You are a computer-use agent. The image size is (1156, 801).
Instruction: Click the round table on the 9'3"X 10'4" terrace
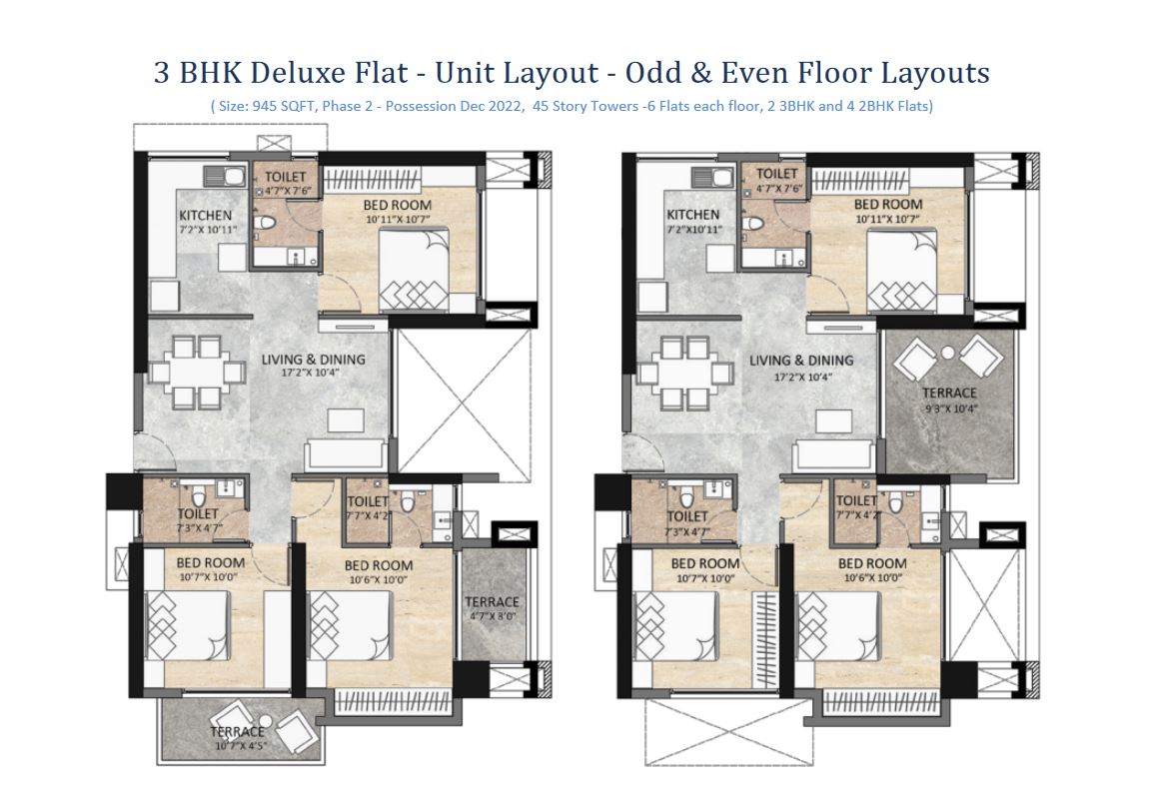(x=948, y=353)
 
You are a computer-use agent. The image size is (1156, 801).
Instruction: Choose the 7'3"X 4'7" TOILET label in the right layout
(x=686, y=523)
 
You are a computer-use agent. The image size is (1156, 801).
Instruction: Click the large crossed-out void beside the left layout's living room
(x=462, y=400)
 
